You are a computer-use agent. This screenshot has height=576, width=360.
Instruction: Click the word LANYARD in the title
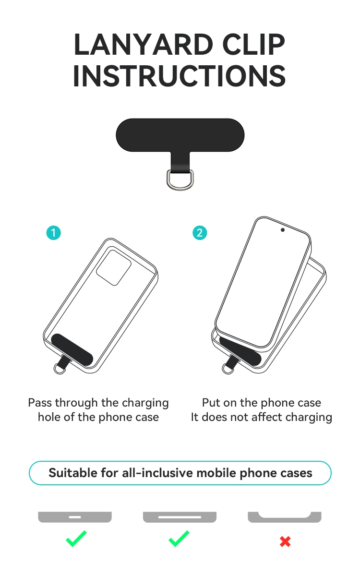143,45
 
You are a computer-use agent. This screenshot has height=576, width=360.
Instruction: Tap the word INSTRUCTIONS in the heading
180,76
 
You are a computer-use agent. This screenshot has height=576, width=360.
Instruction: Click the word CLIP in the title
254,45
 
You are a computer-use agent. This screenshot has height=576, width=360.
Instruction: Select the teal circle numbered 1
53,233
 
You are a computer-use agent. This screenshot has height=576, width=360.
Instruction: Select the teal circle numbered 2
200,233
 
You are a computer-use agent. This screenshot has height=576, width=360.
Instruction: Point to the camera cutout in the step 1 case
114,267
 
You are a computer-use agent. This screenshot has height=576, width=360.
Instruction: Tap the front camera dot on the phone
283,230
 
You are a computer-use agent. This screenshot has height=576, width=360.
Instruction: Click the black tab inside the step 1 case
72,350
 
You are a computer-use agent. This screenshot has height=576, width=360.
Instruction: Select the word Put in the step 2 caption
211,403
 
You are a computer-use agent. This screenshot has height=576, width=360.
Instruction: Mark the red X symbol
285,541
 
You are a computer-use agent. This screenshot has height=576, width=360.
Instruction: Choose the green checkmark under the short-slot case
76,539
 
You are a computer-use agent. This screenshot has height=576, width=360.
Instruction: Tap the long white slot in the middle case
180,517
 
